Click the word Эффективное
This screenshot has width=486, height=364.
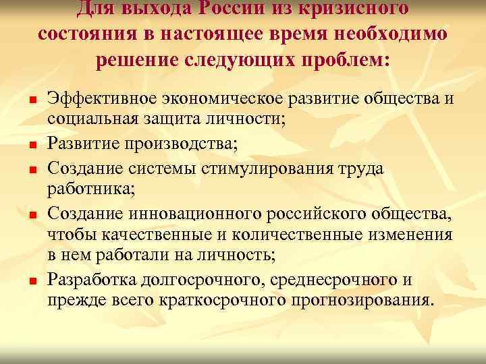[x=102, y=100]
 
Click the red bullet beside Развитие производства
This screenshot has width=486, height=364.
[x=23, y=144]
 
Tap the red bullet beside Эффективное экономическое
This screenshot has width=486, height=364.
[x=23, y=100]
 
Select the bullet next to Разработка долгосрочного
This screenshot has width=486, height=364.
[x=23, y=280]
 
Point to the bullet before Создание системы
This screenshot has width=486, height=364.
[x=23, y=169]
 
